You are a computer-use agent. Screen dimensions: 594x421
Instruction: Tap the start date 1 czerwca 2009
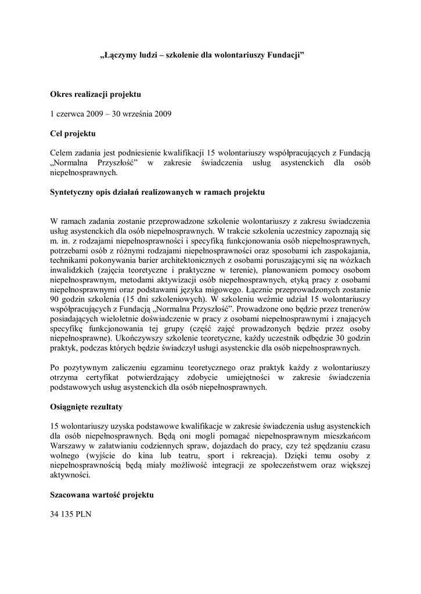76,113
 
